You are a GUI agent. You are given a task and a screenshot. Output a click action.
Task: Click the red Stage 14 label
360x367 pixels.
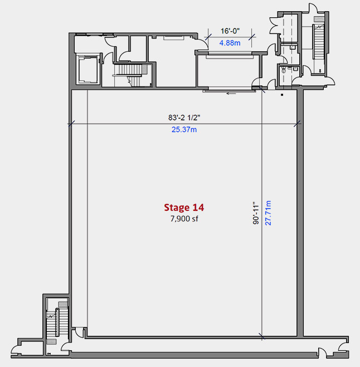point(184,207)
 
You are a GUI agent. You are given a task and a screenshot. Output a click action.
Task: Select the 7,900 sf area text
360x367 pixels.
point(184,219)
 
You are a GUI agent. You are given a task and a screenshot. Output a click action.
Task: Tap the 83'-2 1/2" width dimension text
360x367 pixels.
point(184,117)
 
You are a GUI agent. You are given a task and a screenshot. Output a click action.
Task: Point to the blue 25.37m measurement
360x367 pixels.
point(184,129)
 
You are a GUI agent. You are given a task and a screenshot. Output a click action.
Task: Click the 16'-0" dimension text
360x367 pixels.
point(230,31)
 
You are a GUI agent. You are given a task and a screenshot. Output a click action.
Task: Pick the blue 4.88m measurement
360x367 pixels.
point(230,43)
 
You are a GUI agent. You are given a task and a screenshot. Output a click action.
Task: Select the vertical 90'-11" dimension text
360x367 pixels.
point(256,213)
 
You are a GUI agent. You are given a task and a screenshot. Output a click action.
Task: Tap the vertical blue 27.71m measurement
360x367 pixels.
point(268,213)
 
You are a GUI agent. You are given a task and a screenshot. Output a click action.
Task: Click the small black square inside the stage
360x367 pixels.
point(282,95)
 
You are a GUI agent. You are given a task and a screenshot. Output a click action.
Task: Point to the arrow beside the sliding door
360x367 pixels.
point(231,94)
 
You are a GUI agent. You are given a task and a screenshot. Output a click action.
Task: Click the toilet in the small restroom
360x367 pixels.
point(284,70)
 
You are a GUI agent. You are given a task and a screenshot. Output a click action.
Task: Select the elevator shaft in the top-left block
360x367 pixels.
point(87,69)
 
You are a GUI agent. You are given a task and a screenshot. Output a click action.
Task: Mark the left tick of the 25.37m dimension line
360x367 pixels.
point(71,124)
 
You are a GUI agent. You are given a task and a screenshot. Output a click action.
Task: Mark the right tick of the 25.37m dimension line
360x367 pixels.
point(297,124)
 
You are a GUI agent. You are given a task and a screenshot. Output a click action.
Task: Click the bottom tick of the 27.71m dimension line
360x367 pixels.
point(262,336)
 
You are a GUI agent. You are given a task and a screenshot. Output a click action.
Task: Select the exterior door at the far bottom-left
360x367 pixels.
point(16,349)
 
